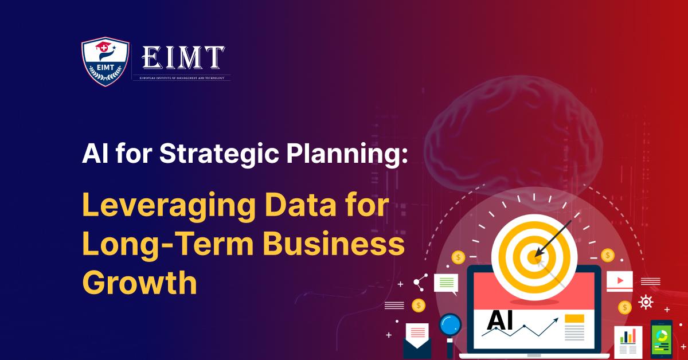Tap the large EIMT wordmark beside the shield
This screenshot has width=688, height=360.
point(183,58)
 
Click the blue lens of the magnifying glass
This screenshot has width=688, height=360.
point(450,325)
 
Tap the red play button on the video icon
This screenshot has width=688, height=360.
point(619,281)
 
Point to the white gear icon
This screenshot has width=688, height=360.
point(646,302)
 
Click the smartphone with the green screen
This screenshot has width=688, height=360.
point(661,339)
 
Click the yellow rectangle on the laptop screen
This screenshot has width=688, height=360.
point(574,318)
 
